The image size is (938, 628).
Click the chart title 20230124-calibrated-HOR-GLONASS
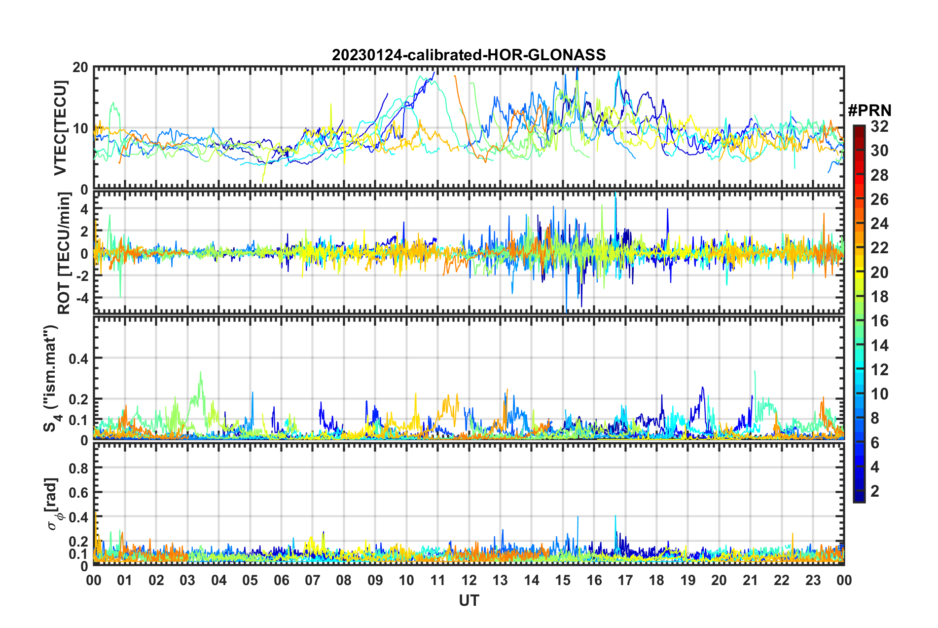pyautogui.click(x=469, y=55)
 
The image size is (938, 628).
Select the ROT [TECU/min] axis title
pyautogui.click(x=64, y=253)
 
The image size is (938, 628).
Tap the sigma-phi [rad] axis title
pyautogui.click(x=52, y=504)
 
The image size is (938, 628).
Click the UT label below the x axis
pyautogui.click(x=469, y=600)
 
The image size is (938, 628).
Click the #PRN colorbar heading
pyautogui.click(x=869, y=110)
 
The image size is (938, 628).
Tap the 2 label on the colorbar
pyautogui.click(x=875, y=491)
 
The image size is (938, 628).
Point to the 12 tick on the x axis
pyautogui.click(x=469, y=580)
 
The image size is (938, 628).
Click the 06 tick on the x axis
pyautogui.click(x=281, y=580)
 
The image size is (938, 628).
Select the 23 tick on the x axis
pyautogui.click(x=813, y=580)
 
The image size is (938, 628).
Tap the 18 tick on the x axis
pyautogui.click(x=656, y=580)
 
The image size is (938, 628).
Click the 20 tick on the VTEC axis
pyautogui.click(x=80, y=68)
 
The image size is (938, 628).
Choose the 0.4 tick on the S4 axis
pyautogui.click(x=78, y=358)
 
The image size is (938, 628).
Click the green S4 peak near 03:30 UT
pyautogui.click(x=200, y=373)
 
